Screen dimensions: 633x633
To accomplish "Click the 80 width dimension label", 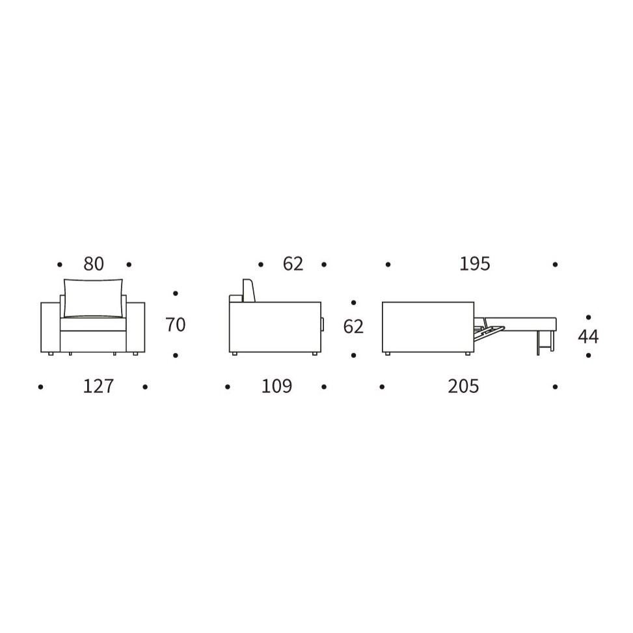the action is coord(94,264).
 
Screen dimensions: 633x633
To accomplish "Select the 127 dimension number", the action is coord(98,386).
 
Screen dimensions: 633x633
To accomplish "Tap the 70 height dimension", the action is coord(176,325).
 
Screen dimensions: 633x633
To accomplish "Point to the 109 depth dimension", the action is coord(276,386).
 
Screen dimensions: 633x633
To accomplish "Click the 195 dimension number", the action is coord(475,264).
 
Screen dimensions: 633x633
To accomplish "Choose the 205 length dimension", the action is coord(463,386).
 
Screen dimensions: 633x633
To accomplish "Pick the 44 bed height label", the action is coord(588,336).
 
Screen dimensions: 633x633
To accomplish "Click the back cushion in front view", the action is coord(93,297).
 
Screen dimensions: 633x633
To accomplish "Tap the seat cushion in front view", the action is coord(93,325).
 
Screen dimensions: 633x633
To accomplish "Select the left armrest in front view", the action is coord(51,327).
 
